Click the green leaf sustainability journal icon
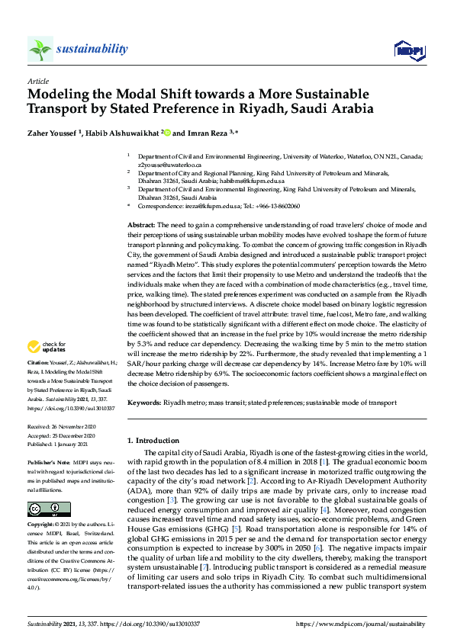(39, 50)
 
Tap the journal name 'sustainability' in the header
(92, 50)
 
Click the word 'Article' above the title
(37, 80)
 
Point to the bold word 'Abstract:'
(140, 226)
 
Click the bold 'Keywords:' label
(143, 402)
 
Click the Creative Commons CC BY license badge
(49, 509)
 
